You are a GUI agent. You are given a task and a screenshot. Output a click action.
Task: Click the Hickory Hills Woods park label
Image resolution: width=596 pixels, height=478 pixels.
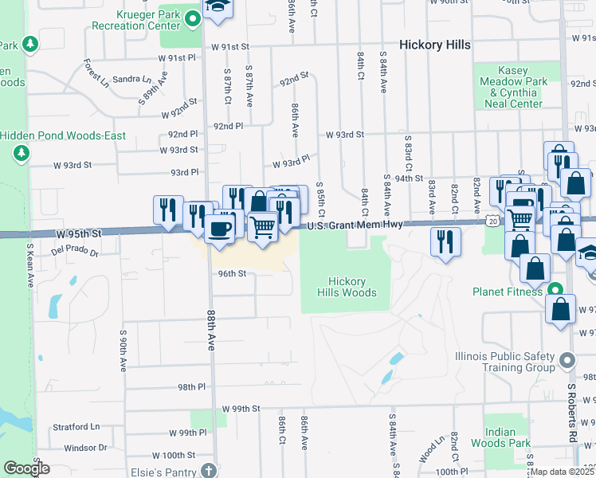point(347,287)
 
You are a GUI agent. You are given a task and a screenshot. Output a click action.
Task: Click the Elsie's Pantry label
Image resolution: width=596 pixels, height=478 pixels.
point(165,470)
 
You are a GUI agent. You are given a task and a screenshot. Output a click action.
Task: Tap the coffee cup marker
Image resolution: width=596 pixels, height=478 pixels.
point(219,229)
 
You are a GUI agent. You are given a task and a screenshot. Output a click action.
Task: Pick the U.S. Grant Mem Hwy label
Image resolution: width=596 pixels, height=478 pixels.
point(353,225)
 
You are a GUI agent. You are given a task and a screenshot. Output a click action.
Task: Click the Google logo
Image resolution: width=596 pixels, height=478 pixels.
point(26,468)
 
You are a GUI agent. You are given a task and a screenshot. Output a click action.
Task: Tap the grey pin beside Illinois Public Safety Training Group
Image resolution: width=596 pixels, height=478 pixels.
point(567,361)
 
